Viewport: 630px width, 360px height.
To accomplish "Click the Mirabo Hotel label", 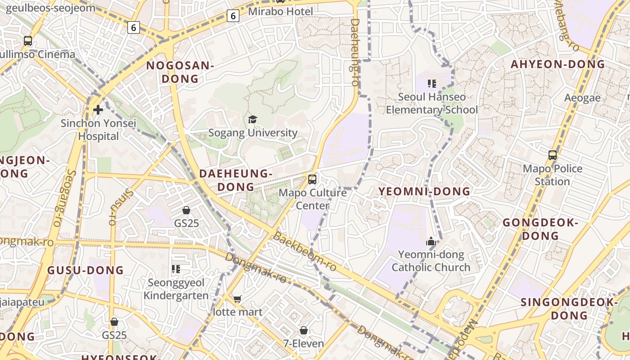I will pyautogui.click(x=280, y=11).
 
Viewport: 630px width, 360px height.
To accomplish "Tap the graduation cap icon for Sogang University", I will pyautogui.click(x=252, y=119).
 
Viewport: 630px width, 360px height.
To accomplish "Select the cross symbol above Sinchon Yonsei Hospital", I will pyautogui.click(x=98, y=109).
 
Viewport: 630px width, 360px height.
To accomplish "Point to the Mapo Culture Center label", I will pyautogui.click(x=313, y=199).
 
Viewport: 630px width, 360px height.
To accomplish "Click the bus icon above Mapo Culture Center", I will pyautogui.click(x=312, y=180).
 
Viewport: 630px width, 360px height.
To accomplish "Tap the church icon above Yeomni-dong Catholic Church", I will pyautogui.click(x=431, y=242).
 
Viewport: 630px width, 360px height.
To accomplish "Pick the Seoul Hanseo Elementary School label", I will pyautogui.click(x=432, y=103).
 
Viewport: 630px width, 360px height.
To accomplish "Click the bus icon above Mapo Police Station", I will pyautogui.click(x=553, y=155).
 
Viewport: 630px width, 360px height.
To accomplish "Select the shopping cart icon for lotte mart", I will pyautogui.click(x=237, y=299).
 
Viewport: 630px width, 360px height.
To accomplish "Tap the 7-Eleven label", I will pyautogui.click(x=303, y=344).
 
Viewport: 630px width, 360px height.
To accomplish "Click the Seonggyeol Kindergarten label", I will pyautogui.click(x=176, y=289).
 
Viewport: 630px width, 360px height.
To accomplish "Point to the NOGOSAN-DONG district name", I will pyautogui.click(x=180, y=72).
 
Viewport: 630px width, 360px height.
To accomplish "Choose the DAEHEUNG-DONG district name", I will pyautogui.click(x=236, y=180).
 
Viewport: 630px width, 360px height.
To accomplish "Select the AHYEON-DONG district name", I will pyautogui.click(x=558, y=64).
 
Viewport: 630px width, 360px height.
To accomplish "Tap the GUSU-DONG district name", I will pyautogui.click(x=85, y=270).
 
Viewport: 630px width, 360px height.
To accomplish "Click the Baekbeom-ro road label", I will pyautogui.click(x=305, y=252).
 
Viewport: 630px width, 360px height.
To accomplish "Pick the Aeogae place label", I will pyautogui.click(x=582, y=98).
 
